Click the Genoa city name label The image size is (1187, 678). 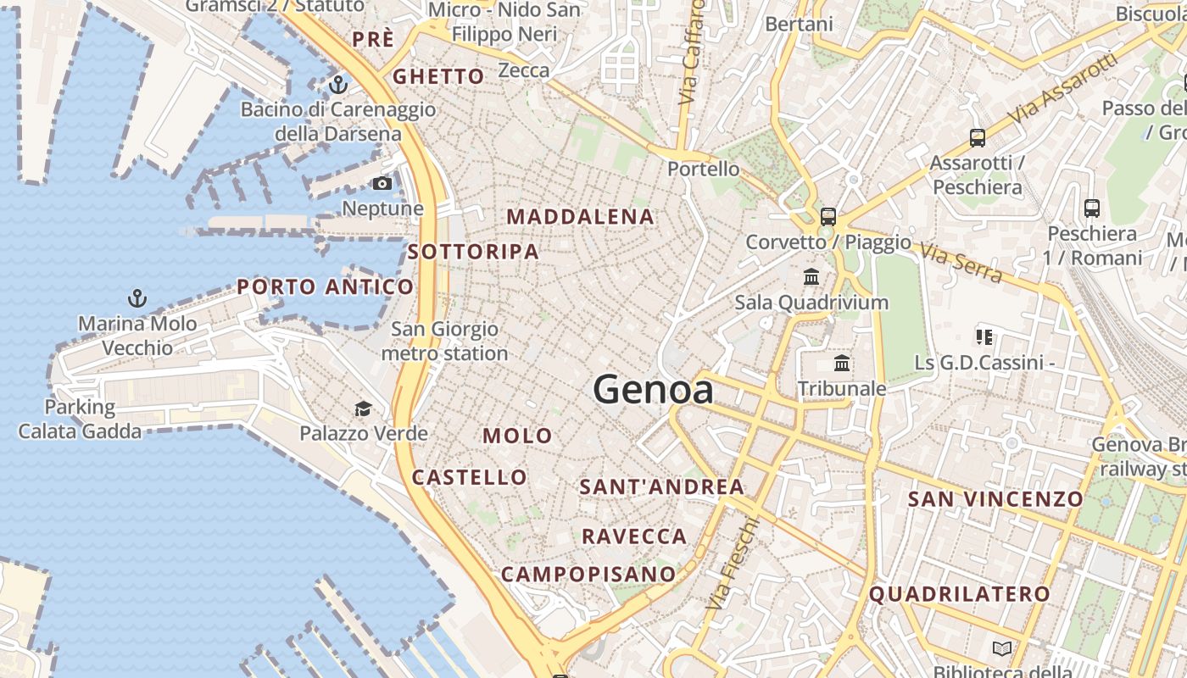point(653,390)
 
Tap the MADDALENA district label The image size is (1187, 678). point(581,217)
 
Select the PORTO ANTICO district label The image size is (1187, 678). point(325,287)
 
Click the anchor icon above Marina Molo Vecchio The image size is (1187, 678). point(137,298)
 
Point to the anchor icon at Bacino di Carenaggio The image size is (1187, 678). point(338,85)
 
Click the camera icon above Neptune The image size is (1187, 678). point(382,183)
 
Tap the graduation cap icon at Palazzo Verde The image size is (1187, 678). point(363,408)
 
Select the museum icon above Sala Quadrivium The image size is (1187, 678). point(811,276)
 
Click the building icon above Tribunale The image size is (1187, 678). point(842,364)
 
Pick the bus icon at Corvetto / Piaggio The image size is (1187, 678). point(828,216)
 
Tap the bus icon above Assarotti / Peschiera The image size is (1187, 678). point(978,137)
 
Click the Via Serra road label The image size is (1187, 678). point(961,264)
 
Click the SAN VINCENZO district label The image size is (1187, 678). point(995,499)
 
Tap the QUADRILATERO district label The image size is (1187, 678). point(960,594)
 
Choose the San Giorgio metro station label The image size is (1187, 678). point(444,341)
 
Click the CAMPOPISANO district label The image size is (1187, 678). point(588,575)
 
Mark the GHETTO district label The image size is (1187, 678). point(438,77)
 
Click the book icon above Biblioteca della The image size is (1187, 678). point(1002,648)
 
